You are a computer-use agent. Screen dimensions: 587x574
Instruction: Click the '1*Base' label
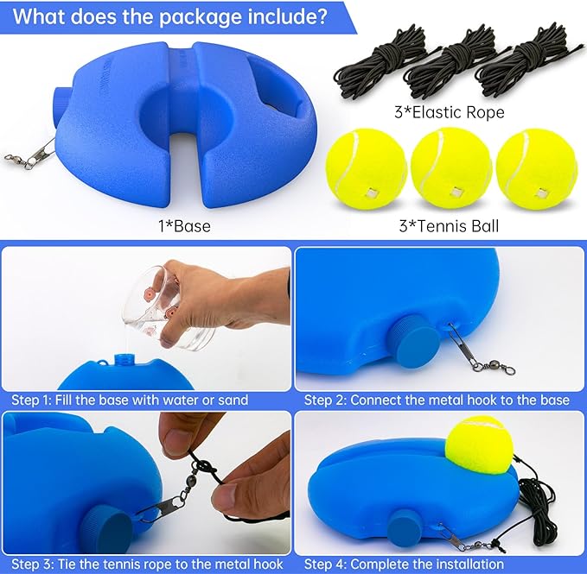184,226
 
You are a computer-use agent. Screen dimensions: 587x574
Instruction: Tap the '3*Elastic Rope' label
450,112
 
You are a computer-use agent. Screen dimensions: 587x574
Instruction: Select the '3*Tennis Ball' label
449,226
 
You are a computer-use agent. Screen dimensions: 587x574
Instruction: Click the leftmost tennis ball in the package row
367,169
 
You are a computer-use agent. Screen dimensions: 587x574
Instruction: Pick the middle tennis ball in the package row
451,168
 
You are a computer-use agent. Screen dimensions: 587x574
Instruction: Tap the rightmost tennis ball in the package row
537,169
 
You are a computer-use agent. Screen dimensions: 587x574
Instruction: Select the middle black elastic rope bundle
454,67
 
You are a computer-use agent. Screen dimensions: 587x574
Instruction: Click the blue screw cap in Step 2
414,342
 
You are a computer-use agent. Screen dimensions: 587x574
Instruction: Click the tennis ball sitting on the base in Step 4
479,445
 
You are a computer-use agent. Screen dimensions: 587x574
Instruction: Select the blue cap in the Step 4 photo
405,527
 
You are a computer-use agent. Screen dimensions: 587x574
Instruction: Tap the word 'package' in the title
193,17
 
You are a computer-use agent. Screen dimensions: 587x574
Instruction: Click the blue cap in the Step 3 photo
106,532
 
